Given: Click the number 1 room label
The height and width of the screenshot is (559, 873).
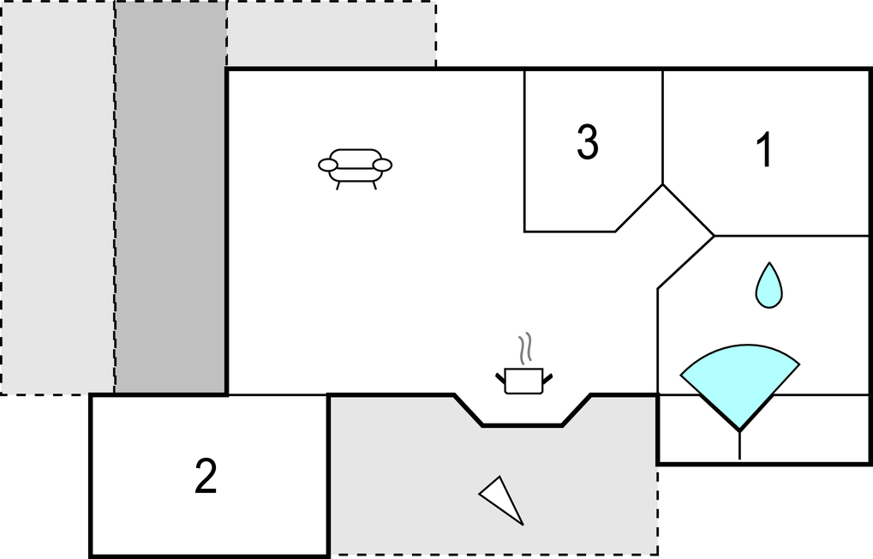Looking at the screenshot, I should (x=764, y=151).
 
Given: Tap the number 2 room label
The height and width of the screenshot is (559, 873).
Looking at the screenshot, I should (x=206, y=477).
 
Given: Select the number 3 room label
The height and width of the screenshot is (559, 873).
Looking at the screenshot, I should (x=587, y=142).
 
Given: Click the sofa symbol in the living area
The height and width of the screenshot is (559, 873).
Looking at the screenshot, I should (x=355, y=166).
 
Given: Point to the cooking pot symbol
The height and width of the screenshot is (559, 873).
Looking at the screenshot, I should (x=523, y=380).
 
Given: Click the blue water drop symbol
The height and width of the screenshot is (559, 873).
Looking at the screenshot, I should (x=768, y=286).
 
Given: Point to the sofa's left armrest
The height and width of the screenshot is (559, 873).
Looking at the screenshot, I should (x=328, y=165).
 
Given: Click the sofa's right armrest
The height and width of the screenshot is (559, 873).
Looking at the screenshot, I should (x=382, y=165).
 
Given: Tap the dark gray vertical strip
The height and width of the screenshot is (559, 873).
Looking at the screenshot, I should (x=170, y=197).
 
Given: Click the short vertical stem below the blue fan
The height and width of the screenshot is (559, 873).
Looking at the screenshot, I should (x=739, y=444).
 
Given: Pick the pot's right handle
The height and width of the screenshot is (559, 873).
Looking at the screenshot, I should (x=547, y=376).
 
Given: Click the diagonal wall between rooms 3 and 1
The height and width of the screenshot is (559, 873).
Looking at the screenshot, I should (x=688, y=210).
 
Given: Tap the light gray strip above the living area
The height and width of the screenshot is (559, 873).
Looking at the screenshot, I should (x=331, y=34).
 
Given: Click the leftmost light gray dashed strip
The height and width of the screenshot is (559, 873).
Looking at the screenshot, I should (x=57, y=197).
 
